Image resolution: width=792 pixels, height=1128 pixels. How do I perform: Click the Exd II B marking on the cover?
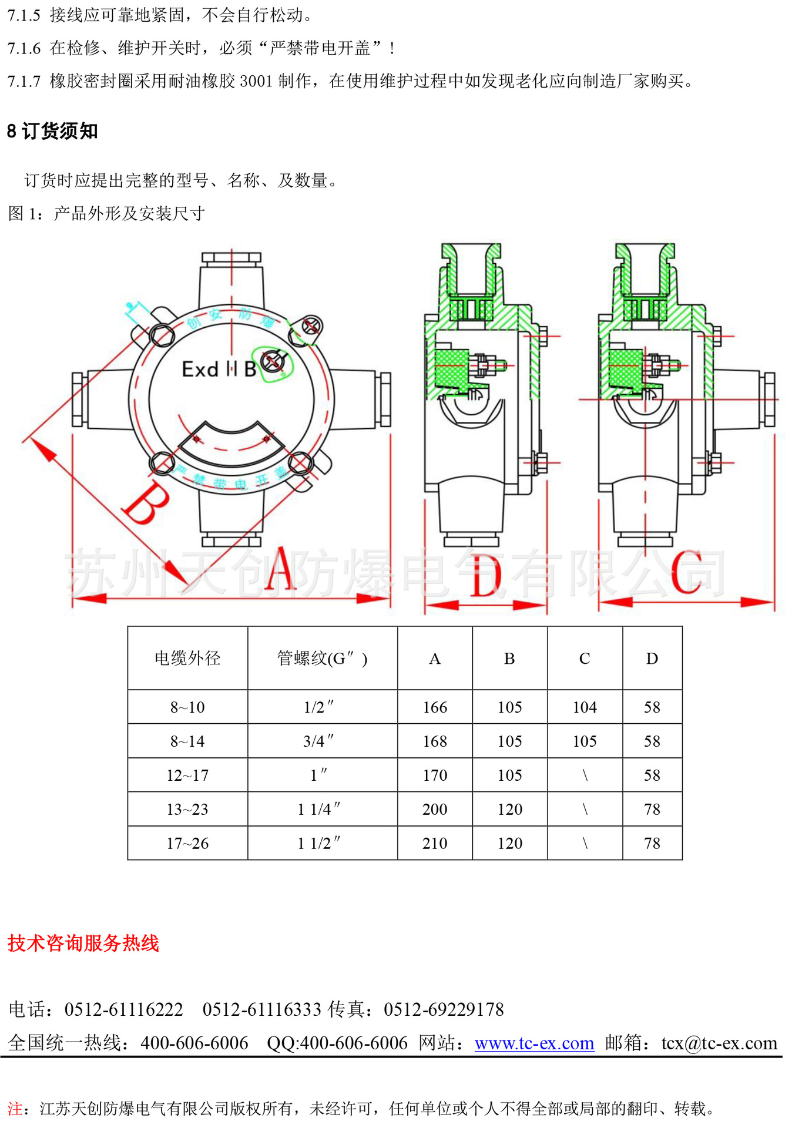pos(219,370)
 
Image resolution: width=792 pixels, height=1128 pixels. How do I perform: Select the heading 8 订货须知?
pos(52,131)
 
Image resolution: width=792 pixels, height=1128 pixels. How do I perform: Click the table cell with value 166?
pos(435,707)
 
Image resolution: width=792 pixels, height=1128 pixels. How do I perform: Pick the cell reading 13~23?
pos(187,810)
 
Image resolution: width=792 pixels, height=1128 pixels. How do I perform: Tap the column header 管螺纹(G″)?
pos(322,659)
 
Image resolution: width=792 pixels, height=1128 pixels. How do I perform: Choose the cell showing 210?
pos(435,844)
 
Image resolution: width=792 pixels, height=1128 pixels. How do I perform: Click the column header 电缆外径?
pos(187,659)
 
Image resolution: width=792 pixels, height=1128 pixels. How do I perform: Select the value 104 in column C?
pos(585,707)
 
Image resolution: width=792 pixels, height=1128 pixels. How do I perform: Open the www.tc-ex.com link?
pos(534,1043)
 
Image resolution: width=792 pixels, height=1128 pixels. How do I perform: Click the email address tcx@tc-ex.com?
pos(719,1043)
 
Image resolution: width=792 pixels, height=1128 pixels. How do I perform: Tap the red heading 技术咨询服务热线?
pos(83,943)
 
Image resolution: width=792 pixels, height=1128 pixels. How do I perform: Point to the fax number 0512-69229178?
pos(444,1009)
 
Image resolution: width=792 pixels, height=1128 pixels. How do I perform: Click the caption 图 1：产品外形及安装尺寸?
pos(106,213)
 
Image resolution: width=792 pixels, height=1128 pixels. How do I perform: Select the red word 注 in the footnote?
pos(15,1109)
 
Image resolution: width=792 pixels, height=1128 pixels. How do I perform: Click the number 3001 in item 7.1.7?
pos(256,81)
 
